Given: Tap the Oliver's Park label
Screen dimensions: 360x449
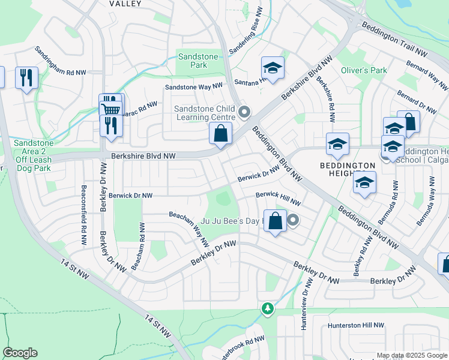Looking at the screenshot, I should coord(364,70).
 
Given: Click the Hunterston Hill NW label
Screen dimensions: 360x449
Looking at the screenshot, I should coord(355,325).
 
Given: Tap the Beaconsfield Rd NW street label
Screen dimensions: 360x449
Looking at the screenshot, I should coord(83,214).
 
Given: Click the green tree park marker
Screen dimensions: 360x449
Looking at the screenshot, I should coord(267,308).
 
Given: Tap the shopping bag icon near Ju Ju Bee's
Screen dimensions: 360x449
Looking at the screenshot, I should coord(275,221).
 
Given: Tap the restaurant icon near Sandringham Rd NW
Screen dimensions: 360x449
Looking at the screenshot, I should coord(26,77).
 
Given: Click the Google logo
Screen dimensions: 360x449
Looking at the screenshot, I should coord(20,353).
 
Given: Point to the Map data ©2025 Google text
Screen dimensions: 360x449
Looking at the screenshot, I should coord(411,355).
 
